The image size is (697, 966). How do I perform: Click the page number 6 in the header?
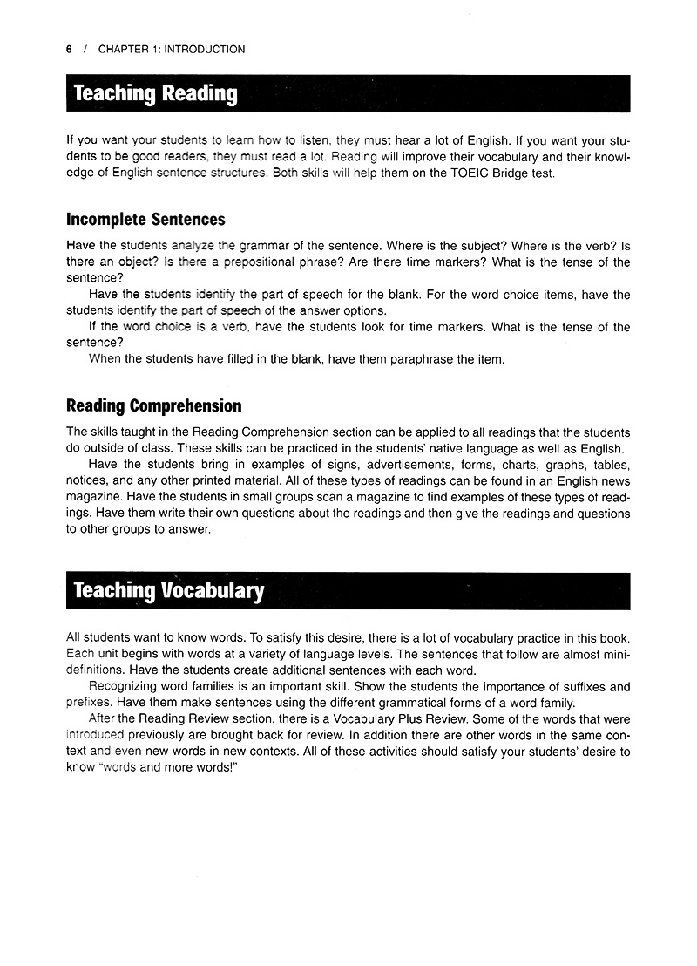point(69,50)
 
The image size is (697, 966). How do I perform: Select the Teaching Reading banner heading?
point(155,94)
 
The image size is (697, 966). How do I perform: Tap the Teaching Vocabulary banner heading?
point(168,591)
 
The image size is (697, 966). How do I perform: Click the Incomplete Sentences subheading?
point(145,220)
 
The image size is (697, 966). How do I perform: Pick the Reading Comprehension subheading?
point(154,406)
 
